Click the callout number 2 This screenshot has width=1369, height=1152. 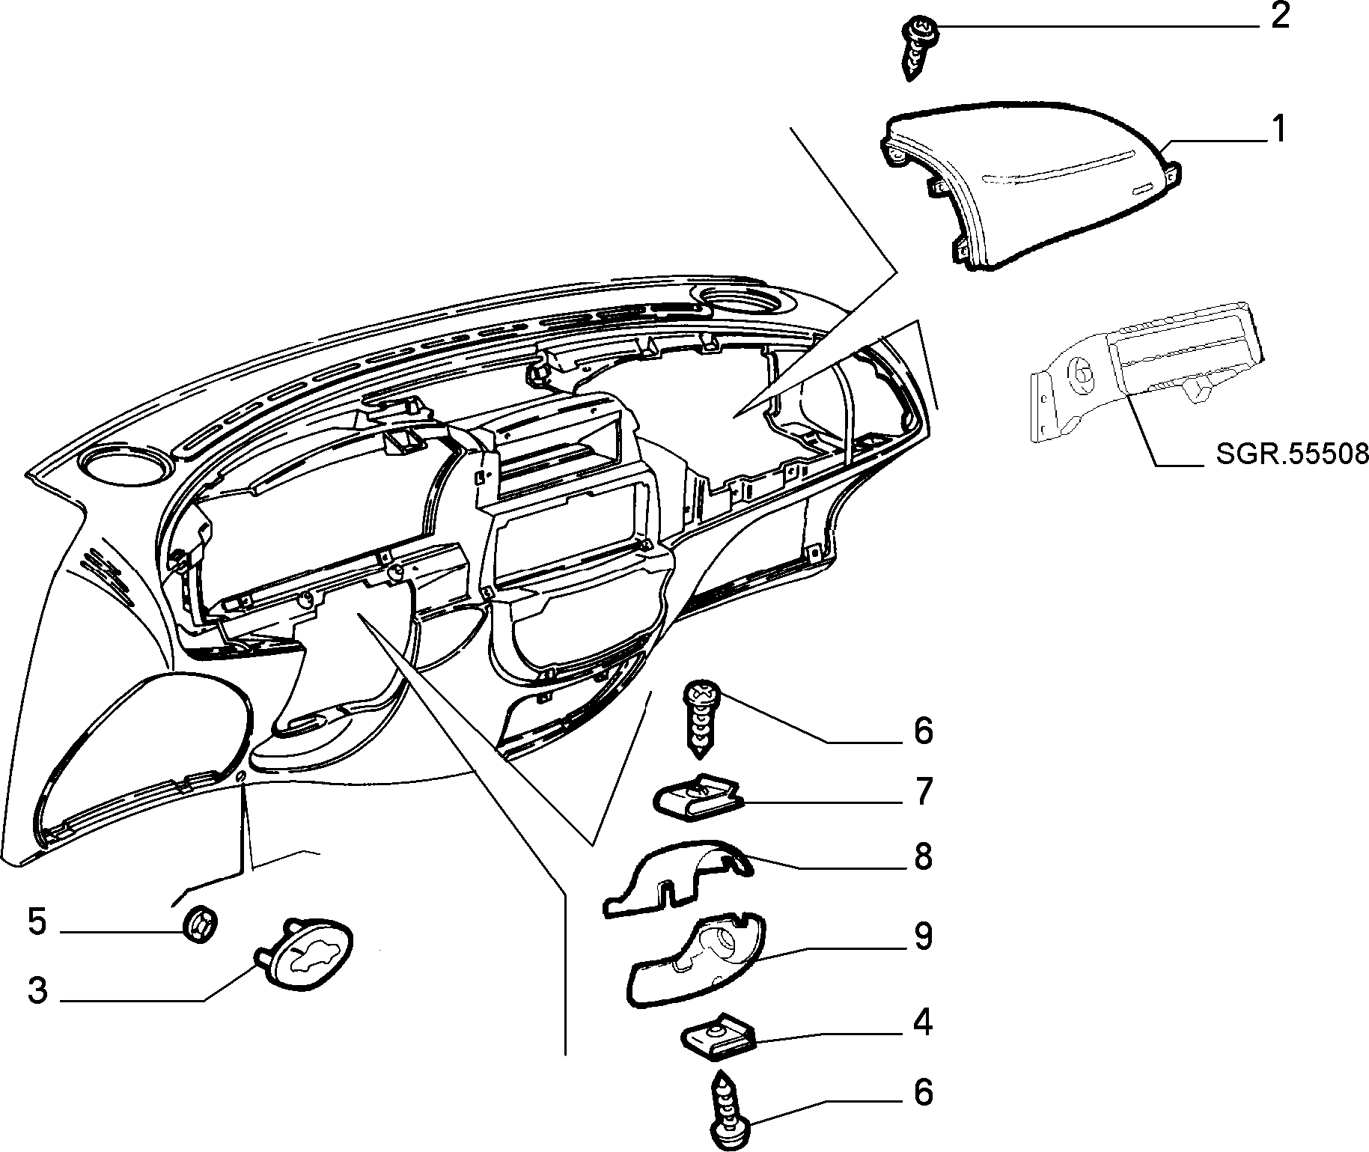(x=1280, y=16)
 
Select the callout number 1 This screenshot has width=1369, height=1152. (x=1279, y=129)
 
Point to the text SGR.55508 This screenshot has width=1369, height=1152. (x=1292, y=454)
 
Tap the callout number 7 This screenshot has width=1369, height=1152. (x=923, y=791)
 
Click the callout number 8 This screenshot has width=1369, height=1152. (x=923, y=856)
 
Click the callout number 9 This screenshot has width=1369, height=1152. (x=923, y=936)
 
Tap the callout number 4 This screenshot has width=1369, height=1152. (x=924, y=1023)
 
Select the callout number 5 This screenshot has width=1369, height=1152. (x=37, y=922)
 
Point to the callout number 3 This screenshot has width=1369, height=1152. (x=37, y=990)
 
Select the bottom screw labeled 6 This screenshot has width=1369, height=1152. (x=726, y=1109)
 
